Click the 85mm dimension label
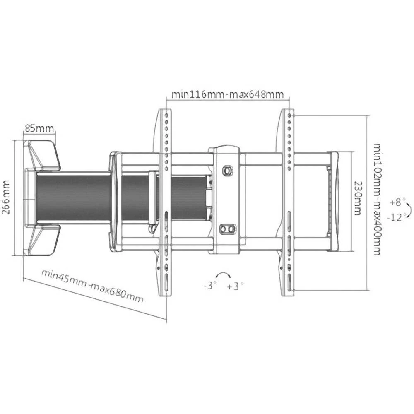coord(39,128)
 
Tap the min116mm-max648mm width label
coord(228,94)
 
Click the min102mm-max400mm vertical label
coord(377,199)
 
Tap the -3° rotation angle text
coord(210,286)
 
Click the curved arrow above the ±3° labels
coord(223,275)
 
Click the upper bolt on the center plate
coord(227,170)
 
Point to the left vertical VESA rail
coord(165,203)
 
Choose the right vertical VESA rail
coord(288,203)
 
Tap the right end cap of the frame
coord(334,202)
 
